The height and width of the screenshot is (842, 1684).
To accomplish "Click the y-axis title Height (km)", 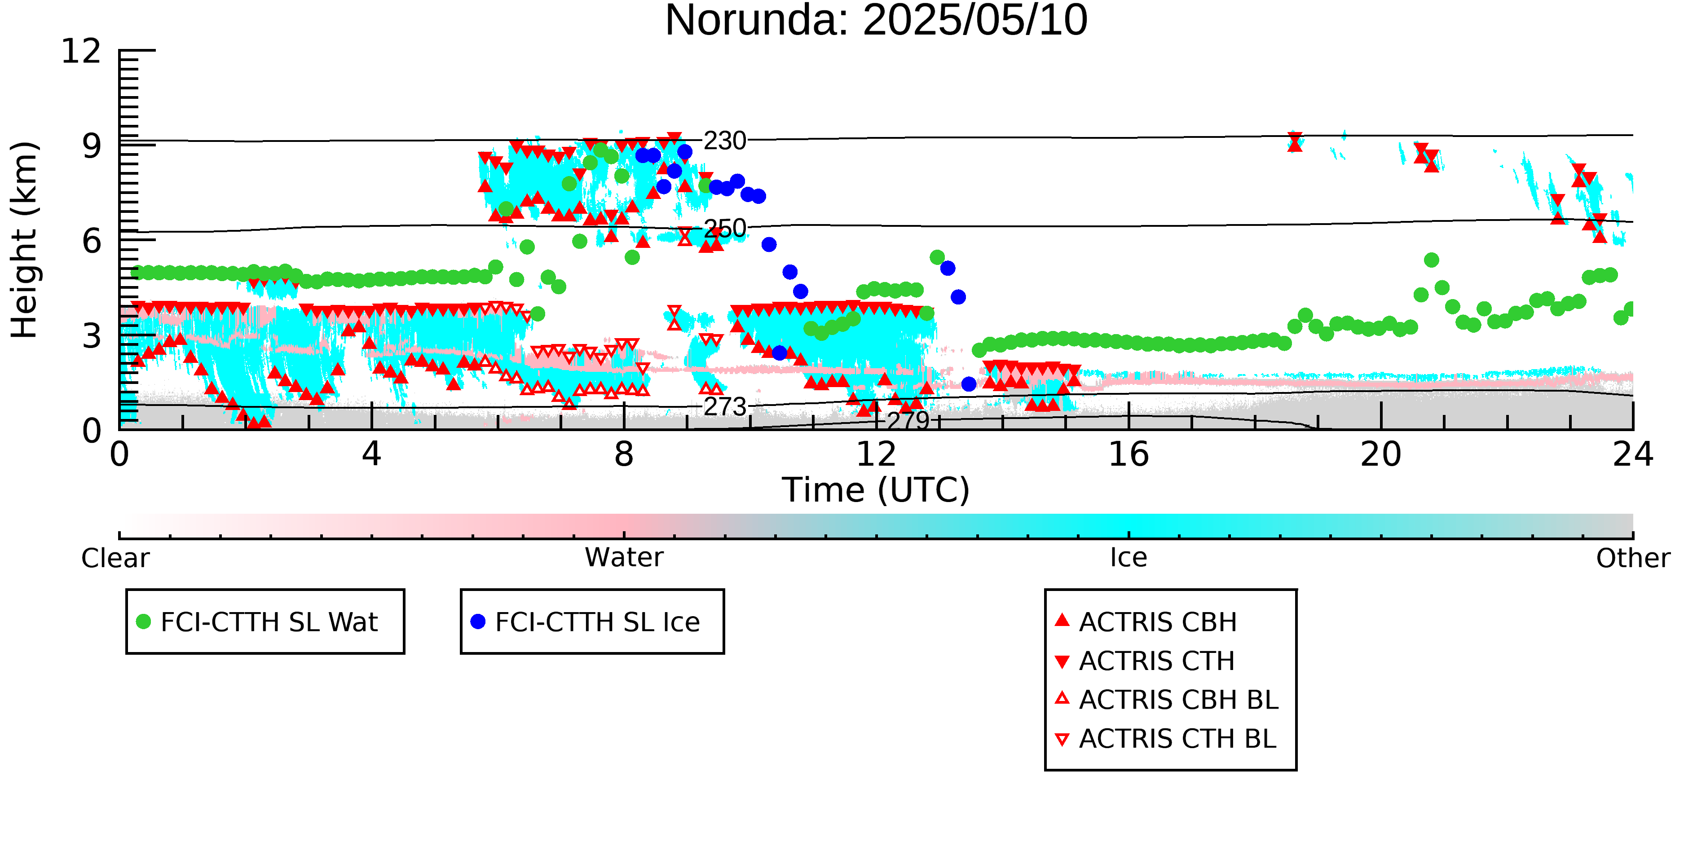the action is [24, 240].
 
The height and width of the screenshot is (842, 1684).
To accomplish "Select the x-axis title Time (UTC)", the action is [876, 489].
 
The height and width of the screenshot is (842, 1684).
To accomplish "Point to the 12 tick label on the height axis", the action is [81, 51].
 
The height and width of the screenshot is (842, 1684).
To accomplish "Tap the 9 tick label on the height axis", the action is [92, 146].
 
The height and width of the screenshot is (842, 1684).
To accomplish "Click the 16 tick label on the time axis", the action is [1129, 454].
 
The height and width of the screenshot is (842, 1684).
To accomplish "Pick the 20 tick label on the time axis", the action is [1381, 454].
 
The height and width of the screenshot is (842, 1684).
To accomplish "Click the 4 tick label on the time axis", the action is [371, 454].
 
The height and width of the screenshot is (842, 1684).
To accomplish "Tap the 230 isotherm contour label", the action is [725, 141].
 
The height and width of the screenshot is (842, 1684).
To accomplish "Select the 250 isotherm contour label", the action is [725, 228].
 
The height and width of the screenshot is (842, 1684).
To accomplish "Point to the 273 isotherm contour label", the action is [725, 406].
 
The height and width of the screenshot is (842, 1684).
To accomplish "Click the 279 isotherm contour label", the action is [908, 420].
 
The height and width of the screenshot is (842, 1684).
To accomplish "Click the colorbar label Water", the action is [624, 558].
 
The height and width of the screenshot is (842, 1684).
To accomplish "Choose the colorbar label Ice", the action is [1129, 558].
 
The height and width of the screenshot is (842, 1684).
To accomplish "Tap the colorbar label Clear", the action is [115, 558].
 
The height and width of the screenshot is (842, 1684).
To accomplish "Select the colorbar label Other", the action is [1633, 558].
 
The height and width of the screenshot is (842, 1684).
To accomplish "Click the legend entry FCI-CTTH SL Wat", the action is [269, 622].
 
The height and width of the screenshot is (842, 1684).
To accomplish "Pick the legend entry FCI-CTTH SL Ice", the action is [598, 622].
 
